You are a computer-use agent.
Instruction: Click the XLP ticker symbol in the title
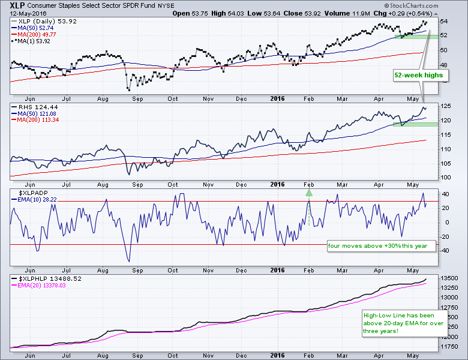17,5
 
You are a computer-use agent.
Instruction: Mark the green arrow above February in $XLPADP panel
309,193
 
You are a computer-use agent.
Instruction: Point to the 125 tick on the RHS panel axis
446,106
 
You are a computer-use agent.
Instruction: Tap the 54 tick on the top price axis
444,21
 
